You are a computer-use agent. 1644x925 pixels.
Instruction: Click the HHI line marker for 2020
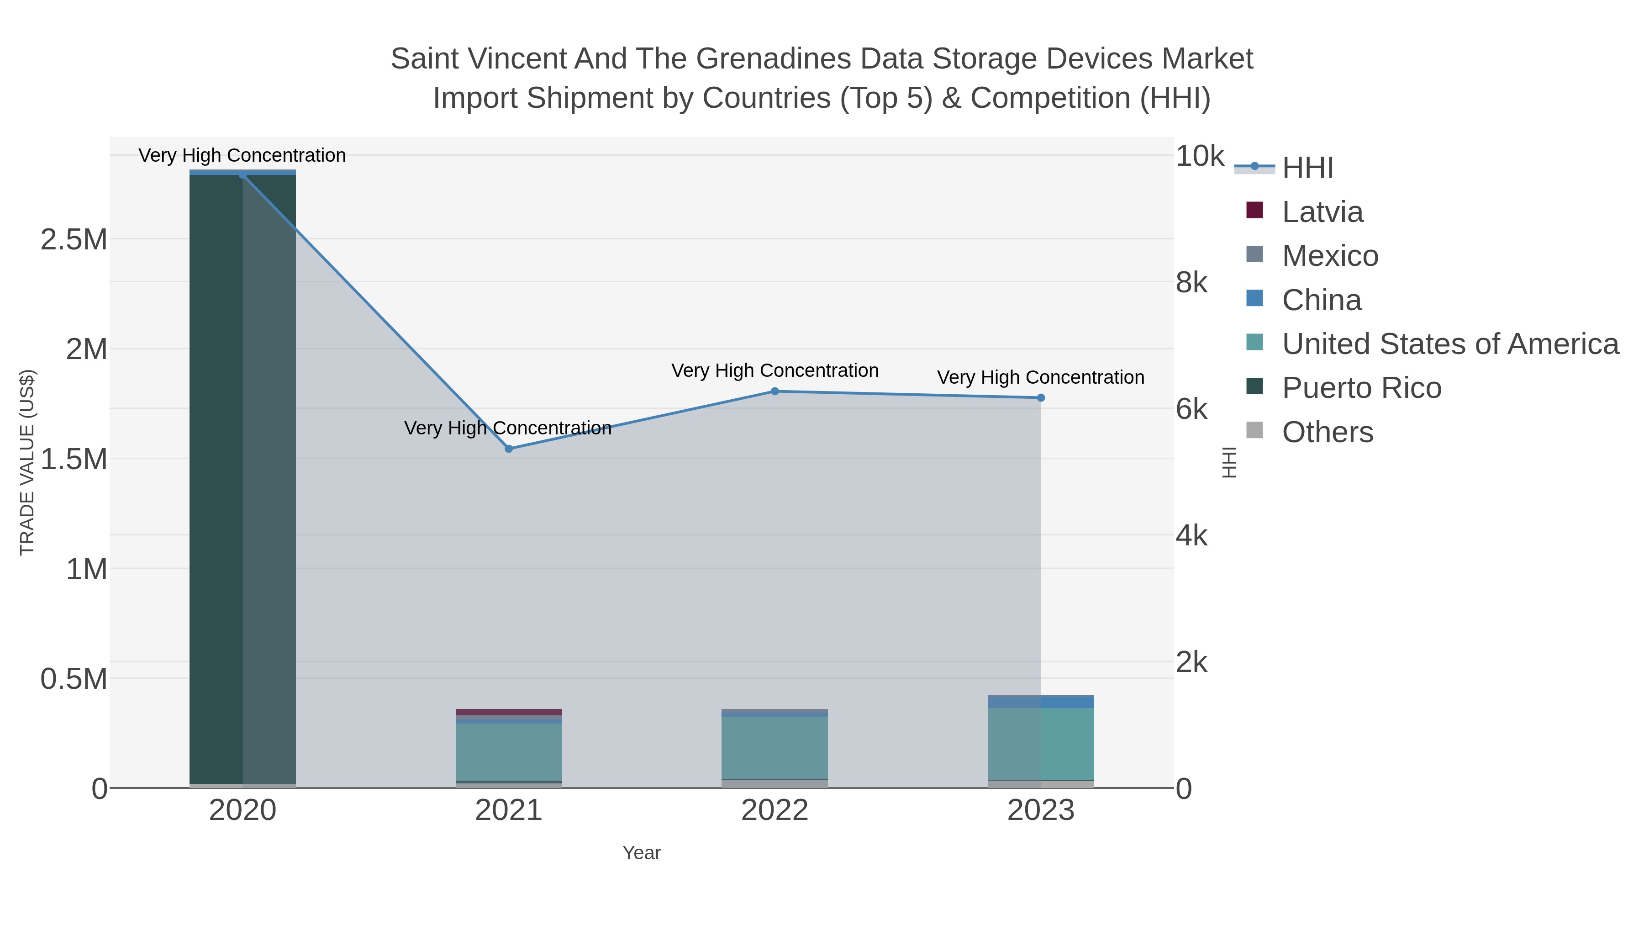point(242,175)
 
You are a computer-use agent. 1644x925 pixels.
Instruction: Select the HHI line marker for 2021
point(509,449)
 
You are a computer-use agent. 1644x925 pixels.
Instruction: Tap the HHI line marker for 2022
point(775,391)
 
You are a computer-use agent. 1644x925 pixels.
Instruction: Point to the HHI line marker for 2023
point(1041,398)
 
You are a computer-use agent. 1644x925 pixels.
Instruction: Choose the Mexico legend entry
point(1329,256)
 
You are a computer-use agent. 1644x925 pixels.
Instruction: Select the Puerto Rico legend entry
point(1361,388)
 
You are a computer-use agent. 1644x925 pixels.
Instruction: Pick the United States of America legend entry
point(1449,344)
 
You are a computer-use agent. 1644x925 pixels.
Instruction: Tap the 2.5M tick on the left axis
point(74,240)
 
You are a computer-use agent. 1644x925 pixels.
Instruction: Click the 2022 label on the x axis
point(775,811)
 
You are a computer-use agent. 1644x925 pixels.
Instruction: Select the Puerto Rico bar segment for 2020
point(242,479)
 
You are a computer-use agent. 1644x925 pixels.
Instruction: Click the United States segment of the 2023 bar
point(1041,744)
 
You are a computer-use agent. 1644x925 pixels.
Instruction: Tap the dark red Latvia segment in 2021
point(509,712)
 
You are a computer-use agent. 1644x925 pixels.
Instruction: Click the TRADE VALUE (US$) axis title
point(27,462)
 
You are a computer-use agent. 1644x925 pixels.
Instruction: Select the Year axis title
point(642,853)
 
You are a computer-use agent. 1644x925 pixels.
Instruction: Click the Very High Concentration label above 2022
point(775,371)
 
